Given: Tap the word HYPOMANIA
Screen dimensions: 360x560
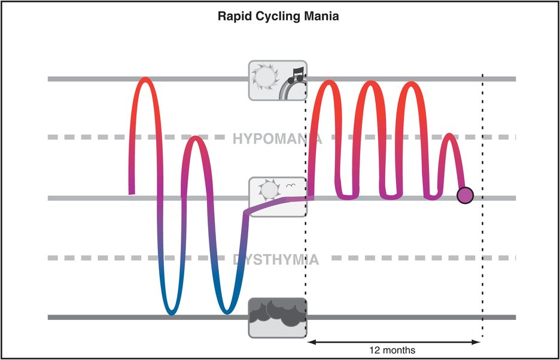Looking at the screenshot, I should tap(276, 139).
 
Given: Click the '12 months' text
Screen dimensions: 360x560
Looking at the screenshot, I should tap(392, 350).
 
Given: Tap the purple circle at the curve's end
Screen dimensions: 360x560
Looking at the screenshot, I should tap(465, 195).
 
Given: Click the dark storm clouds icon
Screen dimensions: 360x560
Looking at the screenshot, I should tap(277, 318).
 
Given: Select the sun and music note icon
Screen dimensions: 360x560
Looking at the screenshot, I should tap(277, 80).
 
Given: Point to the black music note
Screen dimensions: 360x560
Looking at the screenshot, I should tap(294, 75).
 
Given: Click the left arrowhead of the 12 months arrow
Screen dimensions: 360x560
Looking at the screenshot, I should tap(311, 342).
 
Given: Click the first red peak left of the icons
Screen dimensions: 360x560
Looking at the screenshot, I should tap(145, 79).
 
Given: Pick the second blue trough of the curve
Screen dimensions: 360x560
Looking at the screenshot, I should tap(226, 312).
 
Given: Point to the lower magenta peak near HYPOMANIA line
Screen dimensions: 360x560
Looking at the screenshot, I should tap(193, 139).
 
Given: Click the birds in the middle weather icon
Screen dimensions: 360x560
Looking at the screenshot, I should tap(291, 186).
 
